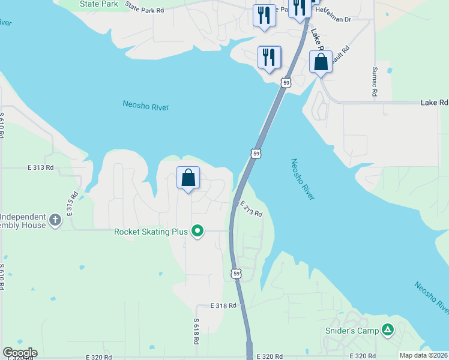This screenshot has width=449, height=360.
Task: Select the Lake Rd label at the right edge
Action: click(x=434, y=103)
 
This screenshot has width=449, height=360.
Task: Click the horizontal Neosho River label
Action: click(x=145, y=106)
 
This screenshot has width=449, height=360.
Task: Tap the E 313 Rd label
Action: click(x=41, y=167)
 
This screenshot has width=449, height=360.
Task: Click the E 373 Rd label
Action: click(x=252, y=209)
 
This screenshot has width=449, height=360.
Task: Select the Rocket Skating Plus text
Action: click(x=151, y=231)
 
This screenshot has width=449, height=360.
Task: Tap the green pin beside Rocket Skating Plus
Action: click(x=197, y=231)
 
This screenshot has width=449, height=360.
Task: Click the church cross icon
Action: click(x=55, y=220)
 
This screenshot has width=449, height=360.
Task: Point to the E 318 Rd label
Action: click(x=224, y=305)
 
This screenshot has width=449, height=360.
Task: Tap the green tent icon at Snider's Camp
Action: click(x=388, y=329)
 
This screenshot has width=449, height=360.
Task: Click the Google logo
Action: click(x=20, y=353)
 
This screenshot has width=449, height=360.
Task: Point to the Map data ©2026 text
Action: click(x=424, y=355)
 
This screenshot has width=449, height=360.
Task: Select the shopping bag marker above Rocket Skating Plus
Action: click(x=188, y=178)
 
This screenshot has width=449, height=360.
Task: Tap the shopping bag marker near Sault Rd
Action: click(x=321, y=62)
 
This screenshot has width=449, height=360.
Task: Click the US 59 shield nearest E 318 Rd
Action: click(x=236, y=274)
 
